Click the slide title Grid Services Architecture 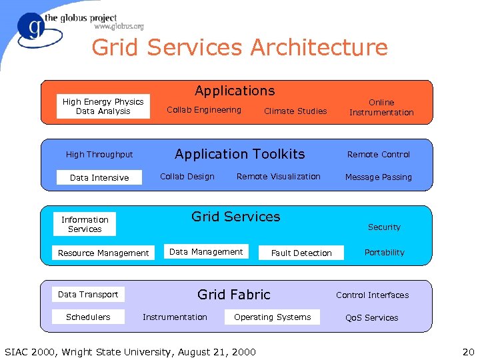[239, 48]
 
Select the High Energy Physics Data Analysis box [103, 107]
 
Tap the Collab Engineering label [204, 110]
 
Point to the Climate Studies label [295, 111]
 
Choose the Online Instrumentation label [381, 107]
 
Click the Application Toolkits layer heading [239, 154]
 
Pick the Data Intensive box [99, 177]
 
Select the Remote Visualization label [279, 177]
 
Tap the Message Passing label [379, 177]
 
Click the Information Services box [85, 224]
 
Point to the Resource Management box [103, 253]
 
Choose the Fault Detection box [301, 253]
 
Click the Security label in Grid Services [384, 227]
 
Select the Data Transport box [88, 294]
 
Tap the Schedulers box [88, 317]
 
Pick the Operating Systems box [272, 317]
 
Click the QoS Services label [371, 318]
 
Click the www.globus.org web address [119, 27]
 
